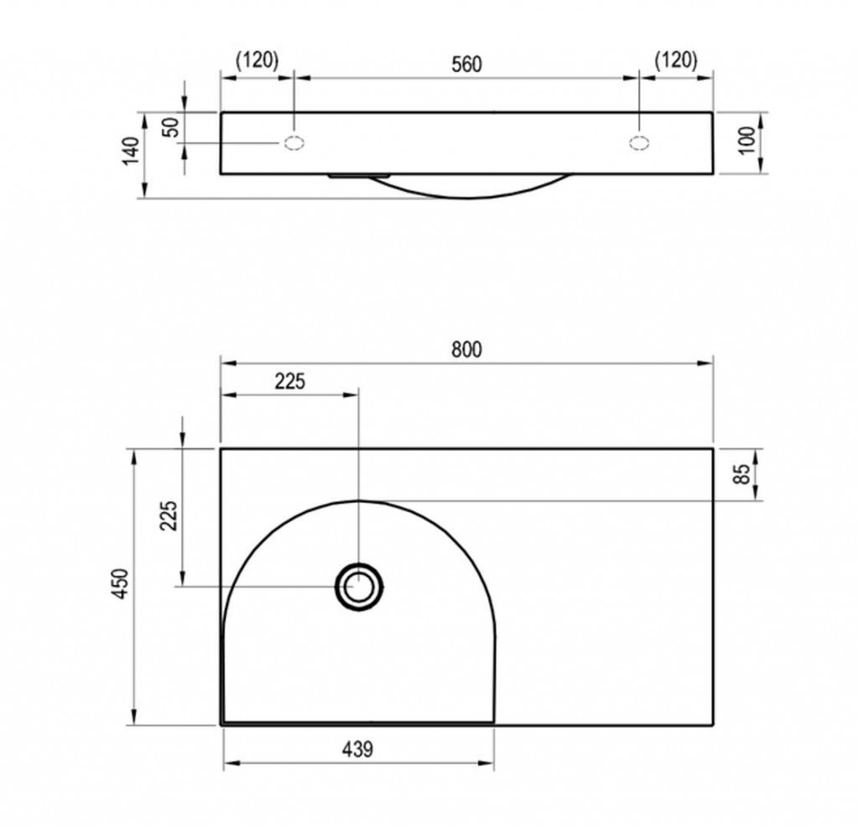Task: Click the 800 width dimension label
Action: (466, 349)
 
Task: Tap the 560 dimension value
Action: (466, 65)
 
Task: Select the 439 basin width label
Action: (358, 748)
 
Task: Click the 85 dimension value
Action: (743, 474)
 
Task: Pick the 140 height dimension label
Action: (132, 151)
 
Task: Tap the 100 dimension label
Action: (747, 141)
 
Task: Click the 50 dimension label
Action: (172, 128)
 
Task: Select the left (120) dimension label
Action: (256, 60)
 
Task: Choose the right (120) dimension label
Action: (676, 60)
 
